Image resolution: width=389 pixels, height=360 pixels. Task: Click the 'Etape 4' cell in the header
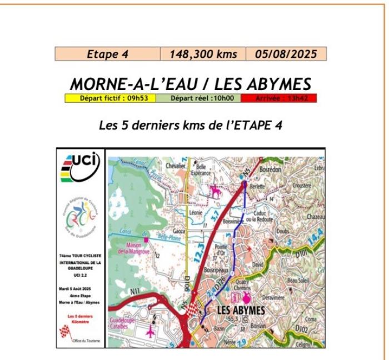[x=107, y=54]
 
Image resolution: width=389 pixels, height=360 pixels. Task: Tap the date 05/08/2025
[x=285, y=54]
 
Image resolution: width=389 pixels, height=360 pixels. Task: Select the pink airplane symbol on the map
[x=151, y=332]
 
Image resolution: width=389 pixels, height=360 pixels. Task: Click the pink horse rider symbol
[x=213, y=192]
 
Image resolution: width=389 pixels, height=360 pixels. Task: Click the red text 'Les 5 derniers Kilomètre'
[x=81, y=319]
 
